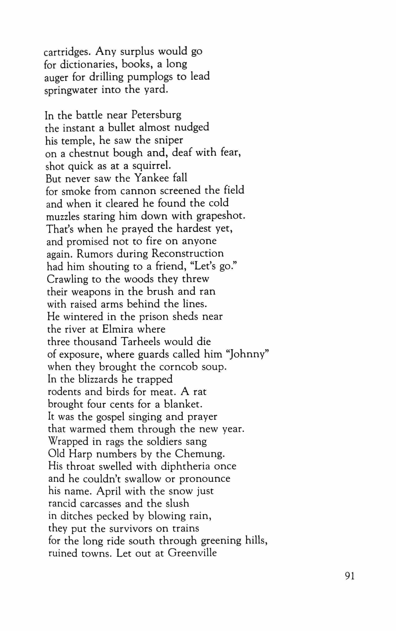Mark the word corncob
click(179, 367)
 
